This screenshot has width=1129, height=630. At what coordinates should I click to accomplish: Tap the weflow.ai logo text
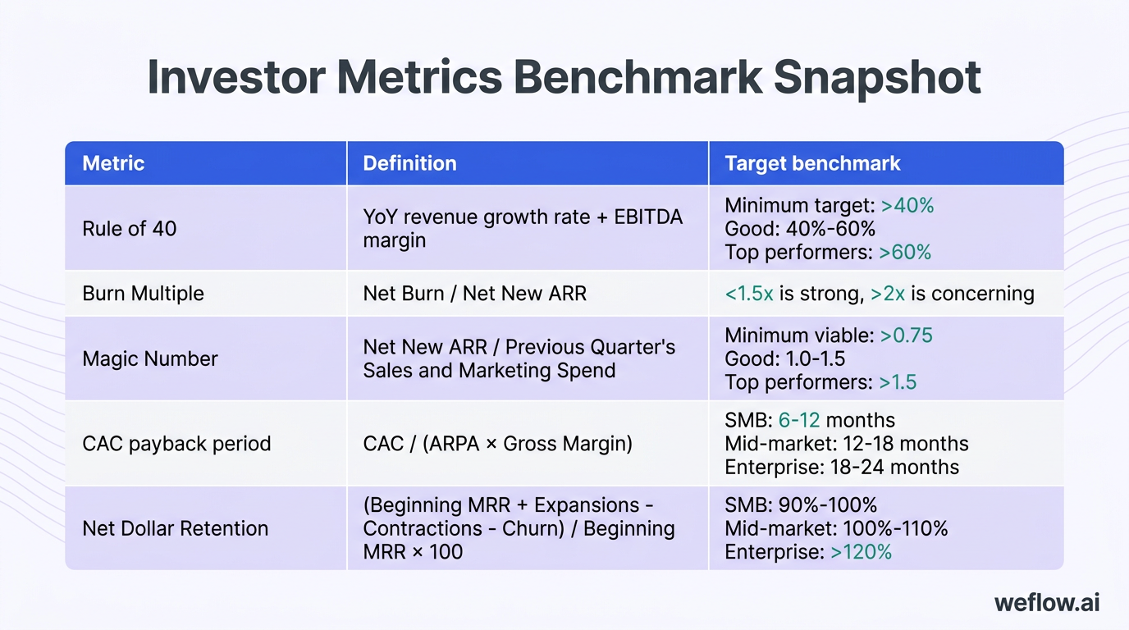pyautogui.click(x=1047, y=603)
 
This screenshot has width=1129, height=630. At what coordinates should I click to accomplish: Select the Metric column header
pyautogui.click(x=113, y=163)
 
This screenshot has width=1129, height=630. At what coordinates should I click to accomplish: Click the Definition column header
pyautogui.click(x=409, y=163)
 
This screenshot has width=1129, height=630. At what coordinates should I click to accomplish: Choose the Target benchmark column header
pyautogui.click(x=812, y=163)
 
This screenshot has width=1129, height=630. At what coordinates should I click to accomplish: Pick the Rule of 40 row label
pyautogui.click(x=130, y=228)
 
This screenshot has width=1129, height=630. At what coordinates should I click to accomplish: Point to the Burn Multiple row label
pyautogui.click(x=143, y=294)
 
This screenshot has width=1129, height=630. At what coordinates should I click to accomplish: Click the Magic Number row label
pyautogui.click(x=150, y=358)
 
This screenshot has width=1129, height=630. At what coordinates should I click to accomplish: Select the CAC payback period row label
pyautogui.click(x=176, y=444)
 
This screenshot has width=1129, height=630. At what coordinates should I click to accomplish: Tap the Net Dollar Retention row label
pyautogui.click(x=176, y=528)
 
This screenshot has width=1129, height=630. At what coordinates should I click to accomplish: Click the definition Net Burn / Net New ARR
pyautogui.click(x=474, y=294)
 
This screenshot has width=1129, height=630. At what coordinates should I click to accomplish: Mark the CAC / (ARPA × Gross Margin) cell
pyautogui.click(x=497, y=444)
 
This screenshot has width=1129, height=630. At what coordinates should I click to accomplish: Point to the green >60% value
pyautogui.click(x=905, y=252)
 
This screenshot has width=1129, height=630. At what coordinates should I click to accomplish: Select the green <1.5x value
pyautogui.click(x=749, y=294)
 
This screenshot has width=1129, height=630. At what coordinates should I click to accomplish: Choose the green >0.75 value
pyautogui.click(x=906, y=335)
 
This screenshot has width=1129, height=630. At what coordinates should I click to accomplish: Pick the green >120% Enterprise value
pyautogui.click(x=861, y=552)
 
